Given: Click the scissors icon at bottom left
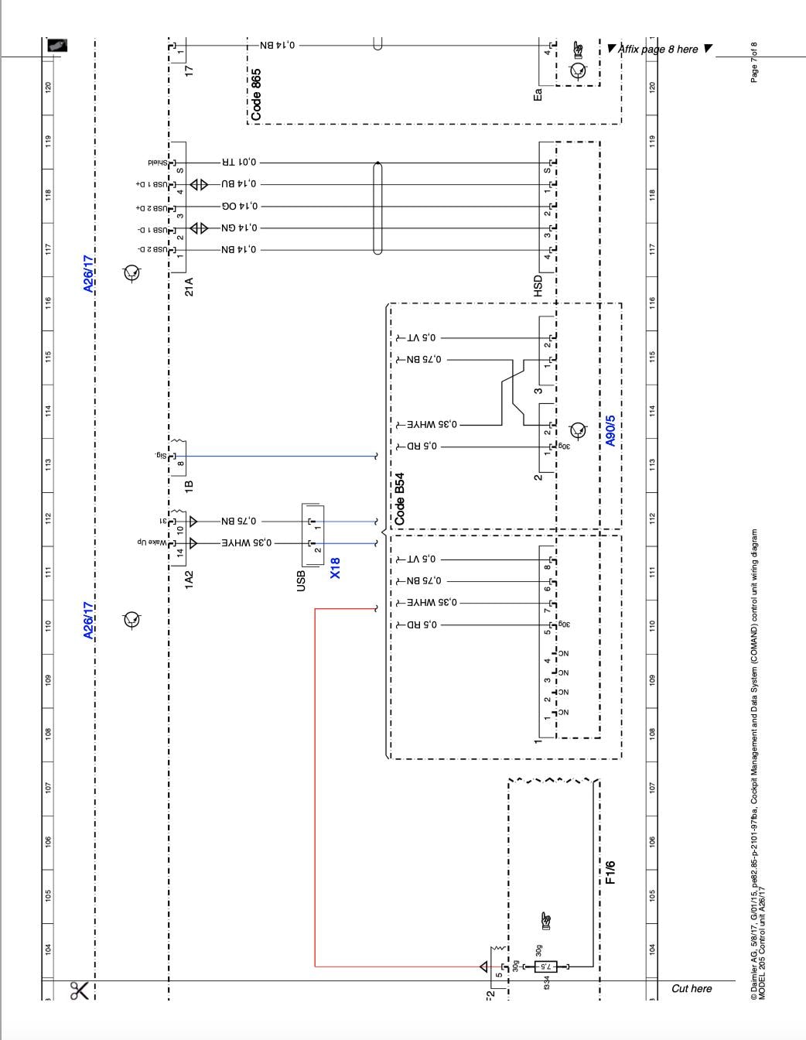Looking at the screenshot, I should (x=79, y=991).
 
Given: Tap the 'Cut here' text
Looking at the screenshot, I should (x=692, y=988).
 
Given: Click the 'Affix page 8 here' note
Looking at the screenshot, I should (x=662, y=50).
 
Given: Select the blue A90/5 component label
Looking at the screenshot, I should (x=611, y=429).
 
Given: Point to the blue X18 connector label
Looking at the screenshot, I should (x=335, y=568).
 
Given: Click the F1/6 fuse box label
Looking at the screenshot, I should (x=611, y=872).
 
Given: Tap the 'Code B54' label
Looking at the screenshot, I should (x=400, y=500).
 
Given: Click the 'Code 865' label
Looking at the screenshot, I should (x=256, y=94).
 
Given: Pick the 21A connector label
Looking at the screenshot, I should (x=188, y=287).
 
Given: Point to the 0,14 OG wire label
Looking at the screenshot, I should (x=240, y=207).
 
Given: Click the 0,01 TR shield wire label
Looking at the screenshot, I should (x=240, y=163).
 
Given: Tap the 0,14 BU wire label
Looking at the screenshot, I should (x=240, y=185).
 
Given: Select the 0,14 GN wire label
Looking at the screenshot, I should (x=240, y=228).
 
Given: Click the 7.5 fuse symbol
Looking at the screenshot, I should (x=545, y=966).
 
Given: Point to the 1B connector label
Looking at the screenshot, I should (x=188, y=486).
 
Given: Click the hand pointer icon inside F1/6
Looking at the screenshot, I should (x=546, y=920).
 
